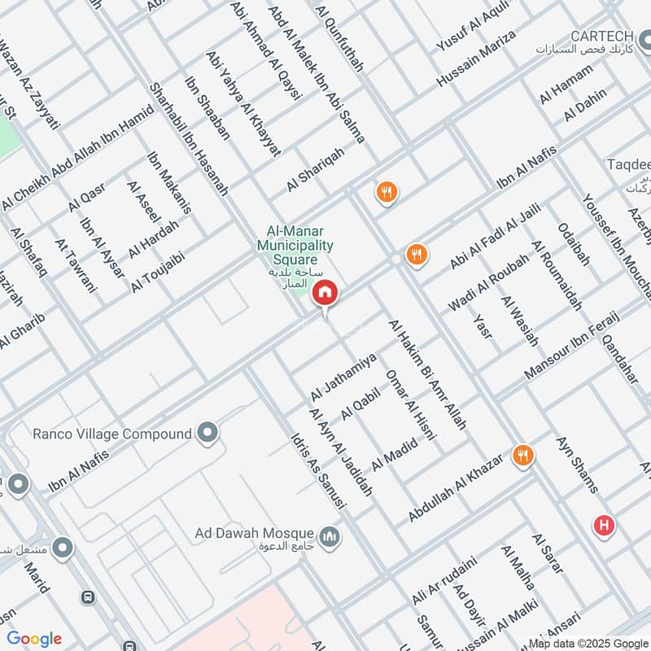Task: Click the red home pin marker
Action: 325,292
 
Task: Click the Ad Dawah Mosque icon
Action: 330,536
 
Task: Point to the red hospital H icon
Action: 604,526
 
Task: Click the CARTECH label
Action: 603,36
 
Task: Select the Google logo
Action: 34,639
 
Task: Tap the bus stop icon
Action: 88,596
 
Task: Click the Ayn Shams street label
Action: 578,465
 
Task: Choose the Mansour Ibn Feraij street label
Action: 573,346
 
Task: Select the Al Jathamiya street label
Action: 343,377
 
